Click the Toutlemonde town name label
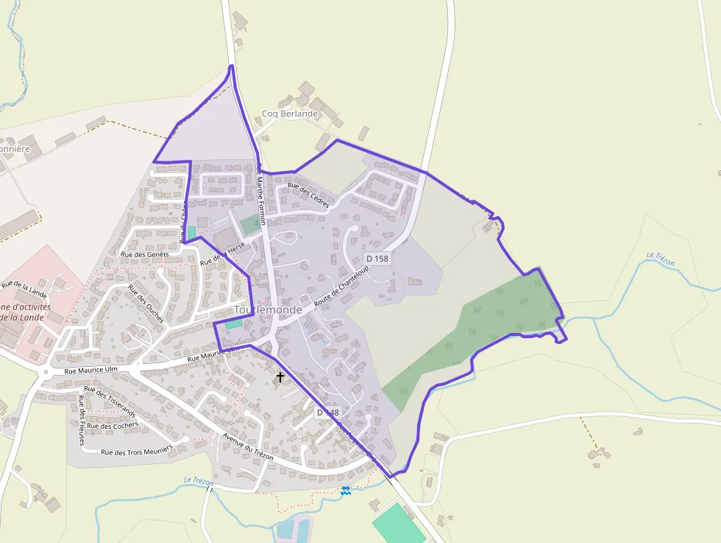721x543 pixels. [267, 310]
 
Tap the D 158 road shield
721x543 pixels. [377, 259]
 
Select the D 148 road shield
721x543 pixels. [328, 413]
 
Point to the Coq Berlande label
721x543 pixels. [290, 114]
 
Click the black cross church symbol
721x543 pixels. [280, 377]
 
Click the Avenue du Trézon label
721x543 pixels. [247, 447]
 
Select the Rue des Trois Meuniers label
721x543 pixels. [136, 450]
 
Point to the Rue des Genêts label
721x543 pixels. [145, 254]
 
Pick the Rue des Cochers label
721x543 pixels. [113, 425]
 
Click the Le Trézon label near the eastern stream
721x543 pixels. [661, 259]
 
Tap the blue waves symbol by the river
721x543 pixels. [345, 490]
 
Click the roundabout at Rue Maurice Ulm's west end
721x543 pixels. [46, 372]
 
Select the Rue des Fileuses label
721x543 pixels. [81, 420]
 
